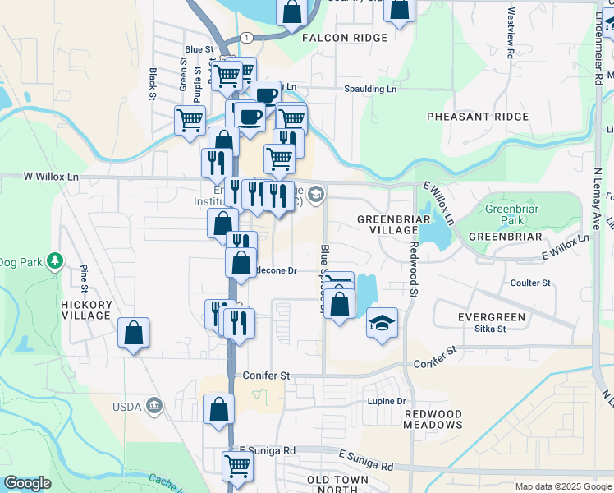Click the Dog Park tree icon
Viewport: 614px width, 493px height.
(55, 261)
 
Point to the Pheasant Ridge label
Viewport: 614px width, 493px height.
(478, 117)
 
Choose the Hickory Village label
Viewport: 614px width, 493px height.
(85, 309)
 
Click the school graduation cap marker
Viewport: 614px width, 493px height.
(382, 321)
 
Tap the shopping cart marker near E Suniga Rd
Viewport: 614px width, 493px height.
(237, 465)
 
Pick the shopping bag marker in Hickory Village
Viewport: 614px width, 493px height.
(133, 333)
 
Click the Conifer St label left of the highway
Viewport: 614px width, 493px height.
(267, 375)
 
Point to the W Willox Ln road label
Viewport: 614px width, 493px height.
(51, 176)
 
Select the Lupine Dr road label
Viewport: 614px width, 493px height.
(389, 401)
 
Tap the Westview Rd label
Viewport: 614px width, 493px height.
(511, 32)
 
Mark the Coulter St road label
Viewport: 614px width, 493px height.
(529, 283)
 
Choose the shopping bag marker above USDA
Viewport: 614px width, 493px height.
(219, 408)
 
